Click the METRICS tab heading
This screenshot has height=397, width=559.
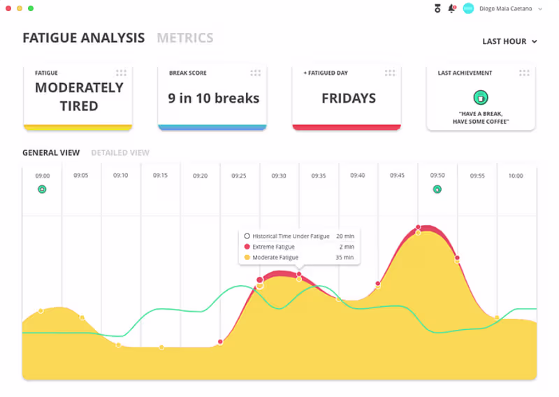(x=185, y=38)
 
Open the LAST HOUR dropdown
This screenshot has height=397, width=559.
(x=509, y=41)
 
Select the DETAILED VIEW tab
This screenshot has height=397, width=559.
(x=120, y=152)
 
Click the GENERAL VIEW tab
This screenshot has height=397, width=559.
(x=51, y=152)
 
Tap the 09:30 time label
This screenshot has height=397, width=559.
(x=279, y=176)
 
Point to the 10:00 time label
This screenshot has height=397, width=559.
(x=516, y=176)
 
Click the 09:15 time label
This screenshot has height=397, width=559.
(x=160, y=176)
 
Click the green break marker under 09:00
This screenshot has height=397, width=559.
(x=42, y=189)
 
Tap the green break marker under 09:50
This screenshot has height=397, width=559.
(x=437, y=189)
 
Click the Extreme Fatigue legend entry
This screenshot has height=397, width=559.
(x=273, y=247)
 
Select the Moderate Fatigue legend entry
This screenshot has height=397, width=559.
(x=275, y=258)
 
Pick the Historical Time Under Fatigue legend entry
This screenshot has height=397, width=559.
(x=290, y=236)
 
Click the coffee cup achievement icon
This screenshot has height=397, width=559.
(x=481, y=97)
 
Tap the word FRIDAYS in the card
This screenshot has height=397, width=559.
(x=349, y=99)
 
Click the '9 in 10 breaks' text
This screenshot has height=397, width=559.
(x=213, y=99)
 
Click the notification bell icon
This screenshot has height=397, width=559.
(x=451, y=8)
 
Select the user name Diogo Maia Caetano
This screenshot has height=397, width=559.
(x=506, y=8)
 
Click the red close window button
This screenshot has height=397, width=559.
(x=9, y=8)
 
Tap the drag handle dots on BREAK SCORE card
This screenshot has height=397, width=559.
(x=256, y=73)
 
